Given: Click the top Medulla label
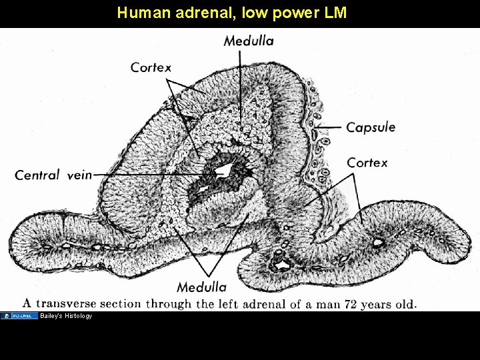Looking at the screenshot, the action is (248, 41).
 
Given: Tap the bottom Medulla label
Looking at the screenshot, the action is (201, 287).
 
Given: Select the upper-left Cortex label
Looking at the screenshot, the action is (151, 67).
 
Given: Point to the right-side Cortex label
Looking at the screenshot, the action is (367, 163).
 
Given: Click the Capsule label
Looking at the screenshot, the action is (371, 127).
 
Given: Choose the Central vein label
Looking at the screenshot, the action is (53, 175).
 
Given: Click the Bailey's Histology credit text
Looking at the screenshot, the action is (66, 316).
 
